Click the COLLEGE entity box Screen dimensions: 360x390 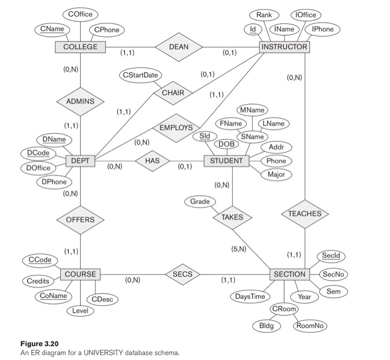[80, 47]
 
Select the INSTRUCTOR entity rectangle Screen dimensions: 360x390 [284, 47]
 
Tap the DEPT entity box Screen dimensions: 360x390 [80, 161]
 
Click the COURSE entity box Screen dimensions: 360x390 [80, 274]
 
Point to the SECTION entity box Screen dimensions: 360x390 [289, 274]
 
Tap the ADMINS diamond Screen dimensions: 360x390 [80, 101]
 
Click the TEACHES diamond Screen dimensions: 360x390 [305, 214]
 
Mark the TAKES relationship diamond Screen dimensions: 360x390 [232, 217]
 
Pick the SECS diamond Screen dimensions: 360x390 [182, 274]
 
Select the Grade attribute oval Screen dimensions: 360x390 [200, 201]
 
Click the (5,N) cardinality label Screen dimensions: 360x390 [238, 249]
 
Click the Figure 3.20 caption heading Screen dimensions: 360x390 [39, 344]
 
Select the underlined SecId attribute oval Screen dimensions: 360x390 [330, 256]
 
